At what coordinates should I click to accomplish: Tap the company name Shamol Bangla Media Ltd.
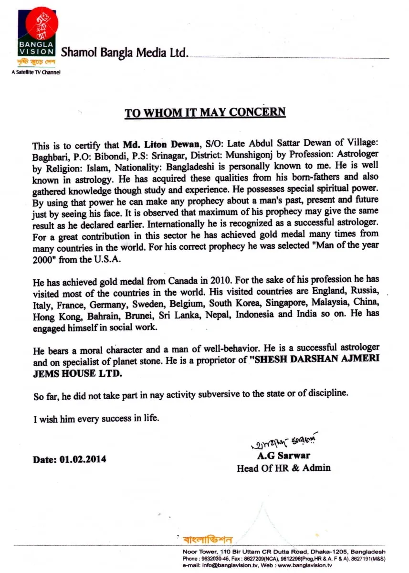125,53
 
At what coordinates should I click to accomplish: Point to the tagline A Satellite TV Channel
36,73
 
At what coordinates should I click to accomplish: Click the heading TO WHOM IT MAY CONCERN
205,113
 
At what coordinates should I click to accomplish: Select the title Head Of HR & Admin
283,468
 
